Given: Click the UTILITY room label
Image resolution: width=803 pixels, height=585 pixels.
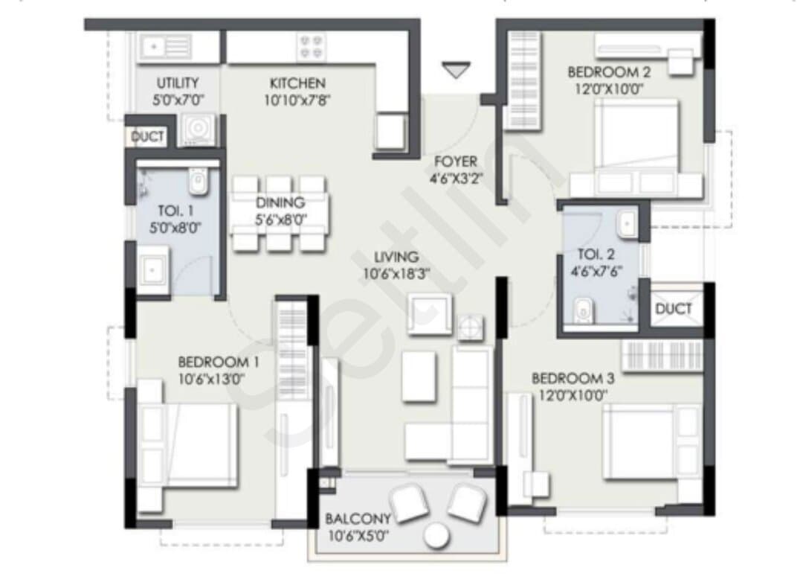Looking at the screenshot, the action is pyautogui.click(x=178, y=83).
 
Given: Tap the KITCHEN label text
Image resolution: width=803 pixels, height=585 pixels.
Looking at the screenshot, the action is pyautogui.click(x=297, y=83).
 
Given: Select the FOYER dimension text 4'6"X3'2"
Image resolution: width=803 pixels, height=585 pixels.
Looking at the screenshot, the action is pyautogui.click(x=455, y=179).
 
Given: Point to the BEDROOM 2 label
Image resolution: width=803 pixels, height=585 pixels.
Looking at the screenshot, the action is pyautogui.click(x=609, y=72).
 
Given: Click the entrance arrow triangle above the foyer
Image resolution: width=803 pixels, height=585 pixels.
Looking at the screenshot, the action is pyautogui.click(x=456, y=69).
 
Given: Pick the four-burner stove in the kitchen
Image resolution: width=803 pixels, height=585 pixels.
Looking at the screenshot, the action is pyautogui.click(x=311, y=47).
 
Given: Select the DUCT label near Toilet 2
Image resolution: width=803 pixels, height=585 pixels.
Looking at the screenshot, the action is pyautogui.click(x=674, y=309).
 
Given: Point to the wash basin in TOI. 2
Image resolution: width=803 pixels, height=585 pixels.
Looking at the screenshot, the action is pyautogui.click(x=628, y=223).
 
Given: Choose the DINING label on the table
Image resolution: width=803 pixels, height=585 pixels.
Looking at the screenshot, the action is pyautogui.click(x=280, y=202).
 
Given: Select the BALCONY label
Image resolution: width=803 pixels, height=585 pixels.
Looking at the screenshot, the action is pyautogui.click(x=358, y=519).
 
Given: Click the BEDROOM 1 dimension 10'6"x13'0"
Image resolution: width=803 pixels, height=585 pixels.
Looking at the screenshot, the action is pyautogui.click(x=211, y=380).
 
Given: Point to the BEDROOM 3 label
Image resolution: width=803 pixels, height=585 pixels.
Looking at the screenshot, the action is pyautogui.click(x=573, y=379).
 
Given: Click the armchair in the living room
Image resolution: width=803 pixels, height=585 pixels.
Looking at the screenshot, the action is pyautogui.click(x=430, y=314).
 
